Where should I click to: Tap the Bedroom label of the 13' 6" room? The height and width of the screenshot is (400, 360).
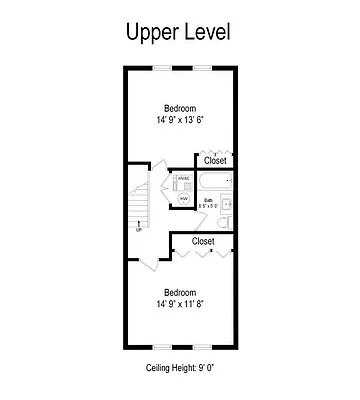pyautogui.click(x=180, y=108)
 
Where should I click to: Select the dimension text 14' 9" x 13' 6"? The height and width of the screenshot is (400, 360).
pyautogui.click(x=180, y=121)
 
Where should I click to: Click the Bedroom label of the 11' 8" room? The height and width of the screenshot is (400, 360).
pyautogui.click(x=180, y=292)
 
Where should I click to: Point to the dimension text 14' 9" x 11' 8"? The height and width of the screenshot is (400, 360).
pyautogui.click(x=180, y=305)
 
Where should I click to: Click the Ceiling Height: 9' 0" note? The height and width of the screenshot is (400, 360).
pyautogui.click(x=180, y=369)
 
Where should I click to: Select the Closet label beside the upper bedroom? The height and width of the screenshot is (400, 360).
pyautogui.click(x=215, y=160)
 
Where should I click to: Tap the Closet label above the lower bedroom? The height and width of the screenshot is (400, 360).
pyautogui.click(x=203, y=241)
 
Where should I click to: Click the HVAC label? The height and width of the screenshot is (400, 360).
pyautogui.click(x=183, y=180)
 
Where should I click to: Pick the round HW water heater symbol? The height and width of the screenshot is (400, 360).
pyautogui.click(x=184, y=198)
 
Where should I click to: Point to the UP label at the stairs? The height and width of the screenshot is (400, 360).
pyautogui.click(x=138, y=229)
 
